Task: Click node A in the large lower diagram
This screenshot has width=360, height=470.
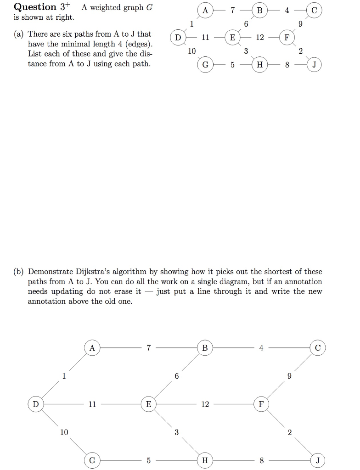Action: (x=92, y=348)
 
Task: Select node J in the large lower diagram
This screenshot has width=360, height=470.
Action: (x=317, y=460)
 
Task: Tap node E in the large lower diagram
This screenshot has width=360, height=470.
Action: (x=148, y=404)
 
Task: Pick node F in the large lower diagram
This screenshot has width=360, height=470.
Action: (x=261, y=404)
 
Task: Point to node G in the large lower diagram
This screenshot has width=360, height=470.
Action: (x=92, y=460)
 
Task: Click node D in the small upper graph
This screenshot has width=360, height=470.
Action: (x=177, y=37)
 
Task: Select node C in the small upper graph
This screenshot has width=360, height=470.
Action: (x=314, y=10)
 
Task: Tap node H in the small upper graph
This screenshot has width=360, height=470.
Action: (x=259, y=65)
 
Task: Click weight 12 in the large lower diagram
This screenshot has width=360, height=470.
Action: (x=205, y=404)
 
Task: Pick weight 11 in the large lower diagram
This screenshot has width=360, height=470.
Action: (x=92, y=404)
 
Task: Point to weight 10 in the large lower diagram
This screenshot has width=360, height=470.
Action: (x=64, y=432)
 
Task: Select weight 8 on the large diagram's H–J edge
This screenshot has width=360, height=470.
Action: (x=261, y=460)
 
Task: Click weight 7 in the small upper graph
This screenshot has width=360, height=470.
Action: (x=232, y=10)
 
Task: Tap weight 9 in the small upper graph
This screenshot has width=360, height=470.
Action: (x=301, y=24)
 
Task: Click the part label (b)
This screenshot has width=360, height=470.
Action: (x=19, y=272)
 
